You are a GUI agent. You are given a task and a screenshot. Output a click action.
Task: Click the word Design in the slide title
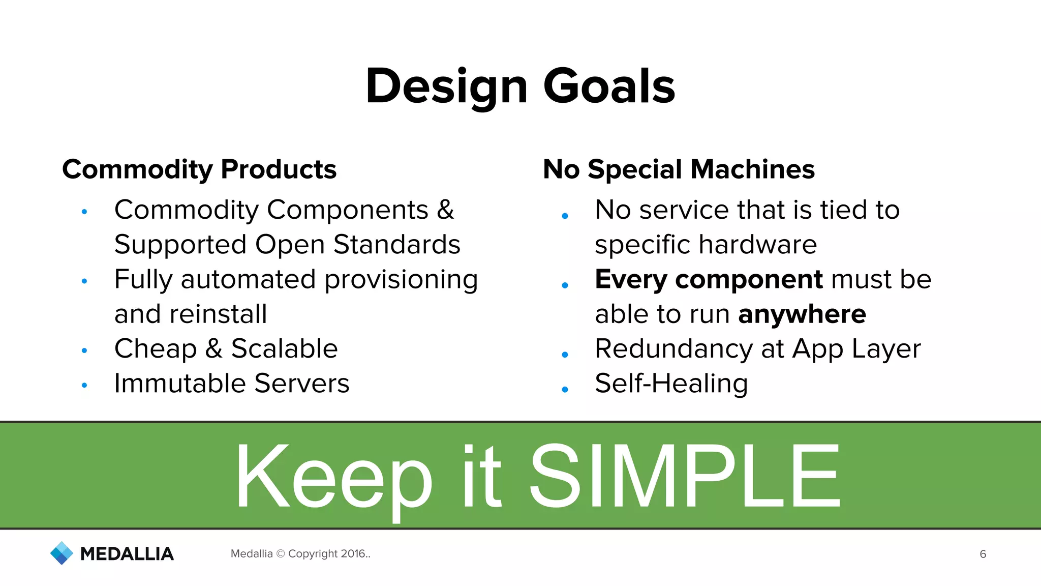[446, 86]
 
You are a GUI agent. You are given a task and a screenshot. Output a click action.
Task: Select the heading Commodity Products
[199, 169]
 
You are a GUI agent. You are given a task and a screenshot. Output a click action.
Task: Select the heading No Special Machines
[679, 169]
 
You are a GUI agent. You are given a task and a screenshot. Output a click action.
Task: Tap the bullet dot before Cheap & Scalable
[84, 350]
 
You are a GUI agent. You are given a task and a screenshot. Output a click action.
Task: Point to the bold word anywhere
[802, 314]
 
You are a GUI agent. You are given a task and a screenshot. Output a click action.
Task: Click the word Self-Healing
[671, 383]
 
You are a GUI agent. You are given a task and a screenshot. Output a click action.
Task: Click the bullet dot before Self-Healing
[565, 390]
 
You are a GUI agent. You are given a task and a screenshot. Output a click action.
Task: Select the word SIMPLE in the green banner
[685, 476]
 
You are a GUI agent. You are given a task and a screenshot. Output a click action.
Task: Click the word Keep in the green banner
[333, 476]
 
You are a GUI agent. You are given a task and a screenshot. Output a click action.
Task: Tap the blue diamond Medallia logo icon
[62, 553]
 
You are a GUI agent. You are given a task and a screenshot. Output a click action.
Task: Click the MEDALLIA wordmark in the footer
[127, 554]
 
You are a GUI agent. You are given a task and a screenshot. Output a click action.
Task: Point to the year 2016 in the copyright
[353, 553]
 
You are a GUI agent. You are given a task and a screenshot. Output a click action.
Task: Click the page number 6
[983, 554]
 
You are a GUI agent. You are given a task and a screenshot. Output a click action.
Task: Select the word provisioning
[401, 280]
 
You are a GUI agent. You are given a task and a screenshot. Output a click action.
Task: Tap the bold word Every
[630, 280]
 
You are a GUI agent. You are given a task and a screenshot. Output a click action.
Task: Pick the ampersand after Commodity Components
[445, 210]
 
